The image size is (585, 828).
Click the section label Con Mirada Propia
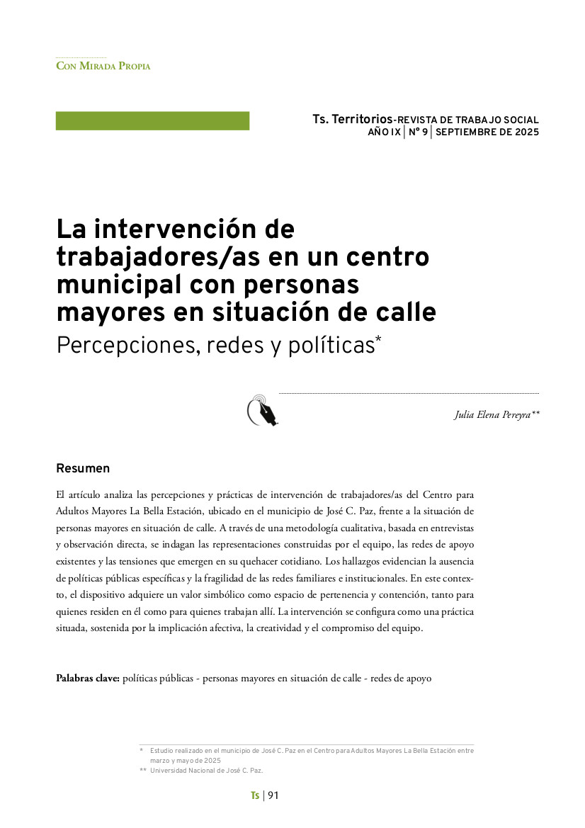pos(103,66)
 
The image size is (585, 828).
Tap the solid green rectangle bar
pos(152,121)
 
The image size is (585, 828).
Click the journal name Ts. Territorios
pos(352,120)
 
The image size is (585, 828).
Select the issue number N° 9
pos(418,132)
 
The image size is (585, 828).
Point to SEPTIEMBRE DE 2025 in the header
pos(487,132)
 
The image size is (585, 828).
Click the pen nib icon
pos(262,411)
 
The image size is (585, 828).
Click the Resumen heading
pos(83,469)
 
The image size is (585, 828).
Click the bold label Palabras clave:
pos(88,679)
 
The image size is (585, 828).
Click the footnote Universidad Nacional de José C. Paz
pos(206,771)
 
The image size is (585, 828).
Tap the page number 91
pos(273,795)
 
